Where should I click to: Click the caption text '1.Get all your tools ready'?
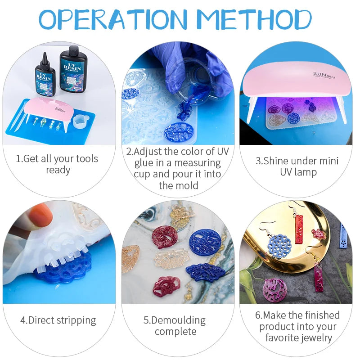point(57,164)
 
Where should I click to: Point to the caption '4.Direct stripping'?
point(58,320)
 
